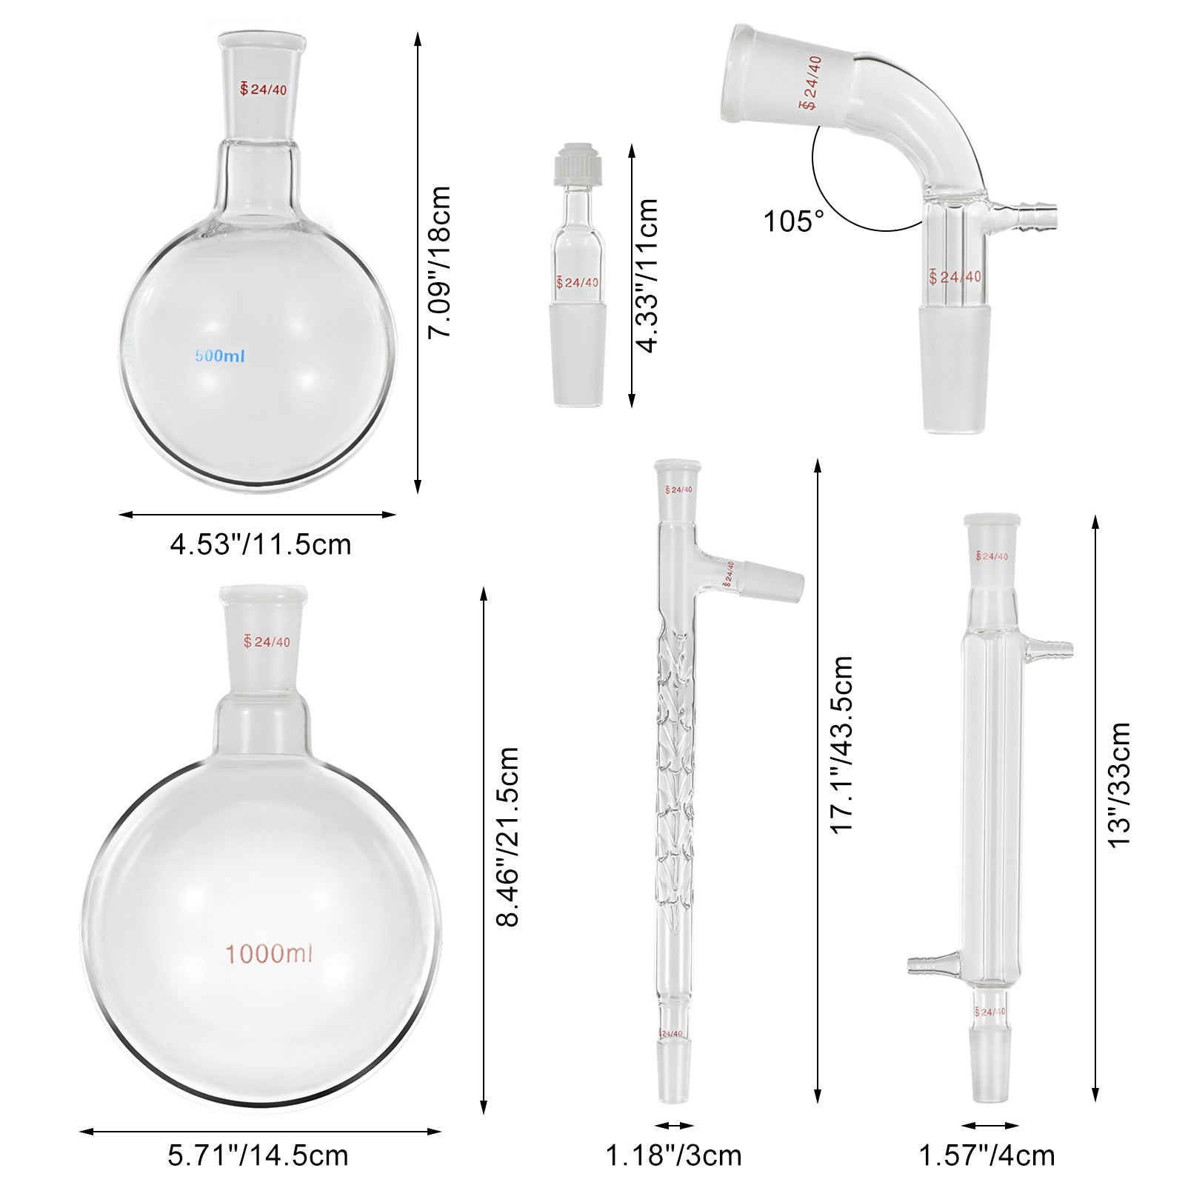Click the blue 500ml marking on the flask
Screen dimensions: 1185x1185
220,355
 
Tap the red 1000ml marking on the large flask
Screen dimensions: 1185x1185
269,953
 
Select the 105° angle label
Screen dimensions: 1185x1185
793,221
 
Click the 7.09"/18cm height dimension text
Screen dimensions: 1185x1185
440,262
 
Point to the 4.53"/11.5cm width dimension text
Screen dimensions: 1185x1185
261,544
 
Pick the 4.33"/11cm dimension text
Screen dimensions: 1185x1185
647,275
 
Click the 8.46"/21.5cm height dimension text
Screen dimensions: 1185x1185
508,837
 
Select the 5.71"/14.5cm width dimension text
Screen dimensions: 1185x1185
258,1155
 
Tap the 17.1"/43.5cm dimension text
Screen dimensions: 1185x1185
842,744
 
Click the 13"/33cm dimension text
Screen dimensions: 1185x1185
1119,785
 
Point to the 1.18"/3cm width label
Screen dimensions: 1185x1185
674,1155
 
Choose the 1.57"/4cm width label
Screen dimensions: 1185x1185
987,1155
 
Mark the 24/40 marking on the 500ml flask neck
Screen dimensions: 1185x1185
264,90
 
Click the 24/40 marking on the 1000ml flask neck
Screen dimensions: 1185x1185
267,641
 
